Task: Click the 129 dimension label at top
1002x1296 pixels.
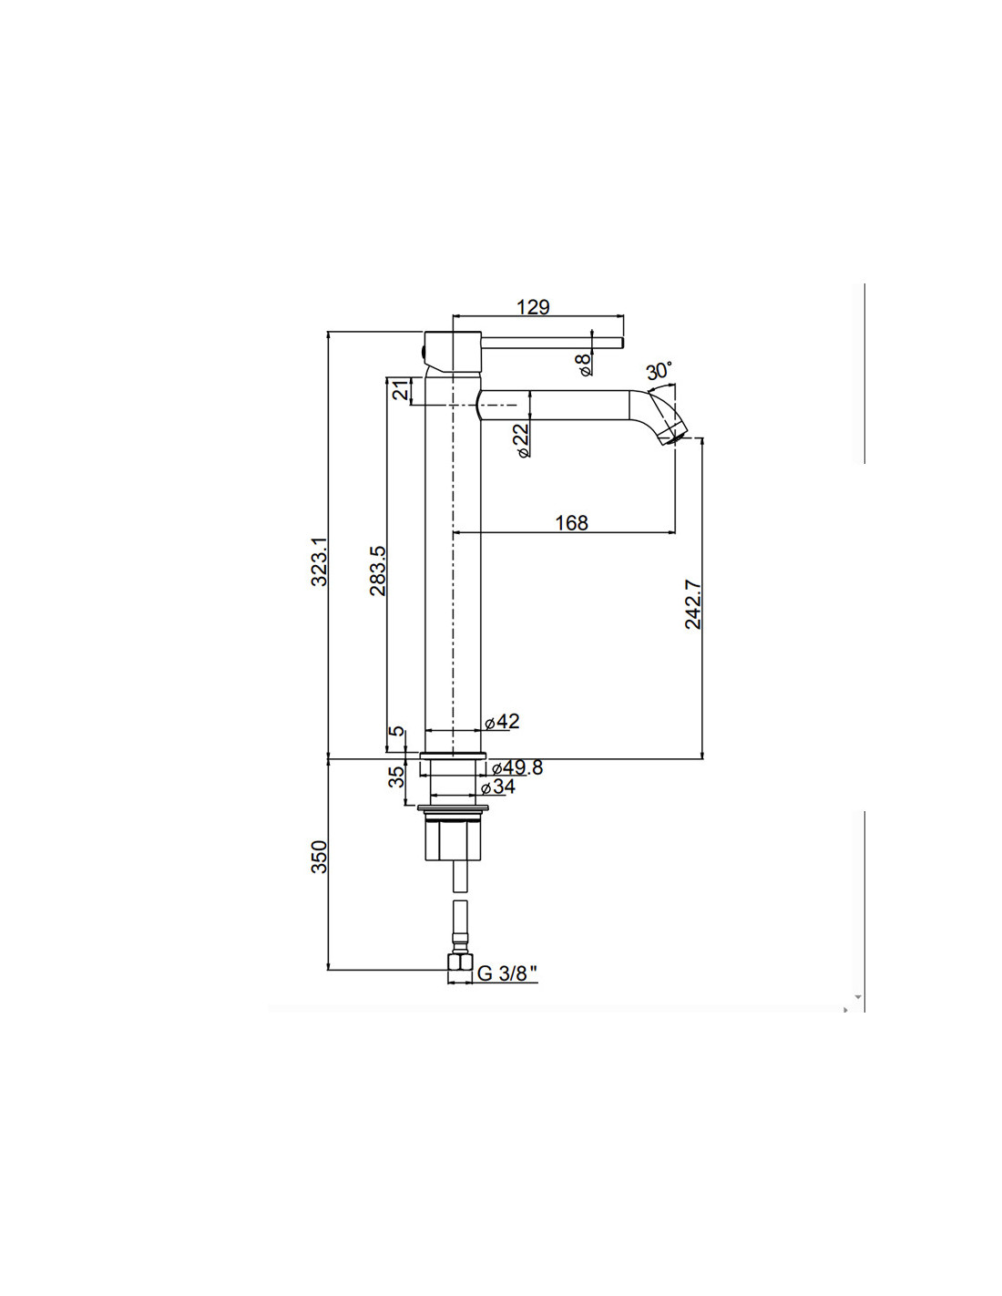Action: click(533, 306)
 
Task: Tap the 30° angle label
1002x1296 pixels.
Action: click(659, 371)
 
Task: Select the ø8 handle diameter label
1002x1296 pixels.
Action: click(584, 364)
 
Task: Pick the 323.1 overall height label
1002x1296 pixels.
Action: click(320, 561)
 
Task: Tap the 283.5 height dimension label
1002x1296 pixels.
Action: click(378, 571)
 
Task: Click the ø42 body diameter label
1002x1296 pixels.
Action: click(502, 721)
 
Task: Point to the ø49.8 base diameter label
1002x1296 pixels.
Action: click(517, 767)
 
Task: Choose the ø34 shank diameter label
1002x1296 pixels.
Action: click(497, 787)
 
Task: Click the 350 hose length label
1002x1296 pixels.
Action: click(320, 857)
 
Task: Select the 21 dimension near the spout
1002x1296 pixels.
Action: click(403, 391)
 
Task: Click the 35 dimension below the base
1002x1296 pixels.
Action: click(396, 777)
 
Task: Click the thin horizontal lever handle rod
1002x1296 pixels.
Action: click(551, 343)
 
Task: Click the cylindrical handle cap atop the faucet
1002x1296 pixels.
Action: click(451, 353)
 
